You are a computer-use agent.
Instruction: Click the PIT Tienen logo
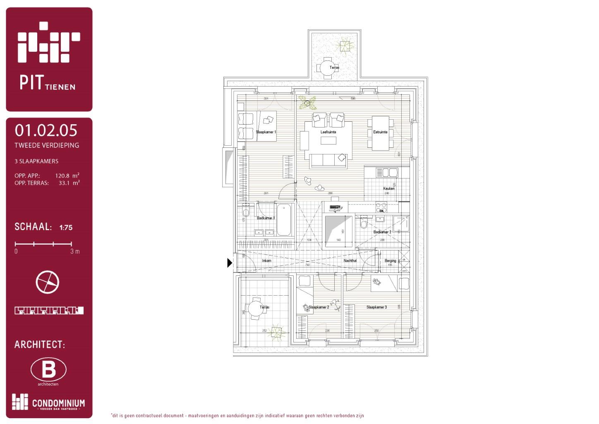pyautogui.click(x=49, y=56)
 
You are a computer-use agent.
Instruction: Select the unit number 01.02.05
pyautogui.click(x=46, y=130)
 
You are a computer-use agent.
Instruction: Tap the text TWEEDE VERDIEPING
pyautogui.click(x=47, y=145)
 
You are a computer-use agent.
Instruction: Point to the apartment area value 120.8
pyautogui.click(x=62, y=176)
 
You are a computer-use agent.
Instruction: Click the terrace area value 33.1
pyautogui.click(x=64, y=183)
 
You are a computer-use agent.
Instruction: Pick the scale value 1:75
pyautogui.click(x=66, y=227)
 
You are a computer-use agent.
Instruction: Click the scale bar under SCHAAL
pyautogui.click(x=43, y=244)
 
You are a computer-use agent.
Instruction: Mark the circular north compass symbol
pyautogui.click(x=48, y=282)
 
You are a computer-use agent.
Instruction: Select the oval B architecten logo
pyautogui.click(x=48, y=369)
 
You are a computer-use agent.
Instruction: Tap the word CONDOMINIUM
pyautogui.click(x=58, y=403)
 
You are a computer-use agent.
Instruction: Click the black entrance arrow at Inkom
pyautogui.click(x=230, y=263)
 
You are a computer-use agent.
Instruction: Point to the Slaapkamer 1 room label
pyautogui.click(x=266, y=132)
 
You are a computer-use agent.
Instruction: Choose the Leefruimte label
pyautogui.click(x=328, y=132)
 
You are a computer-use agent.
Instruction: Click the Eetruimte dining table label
pyautogui.click(x=380, y=132)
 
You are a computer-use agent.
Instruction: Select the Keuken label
pyautogui.click(x=388, y=188)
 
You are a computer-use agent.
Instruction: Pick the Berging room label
pyautogui.click(x=390, y=261)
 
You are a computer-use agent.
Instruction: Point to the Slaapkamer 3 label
pyautogui.click(x=376, y=307)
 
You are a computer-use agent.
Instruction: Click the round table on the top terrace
pyautogui.click(x=327, y=67)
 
